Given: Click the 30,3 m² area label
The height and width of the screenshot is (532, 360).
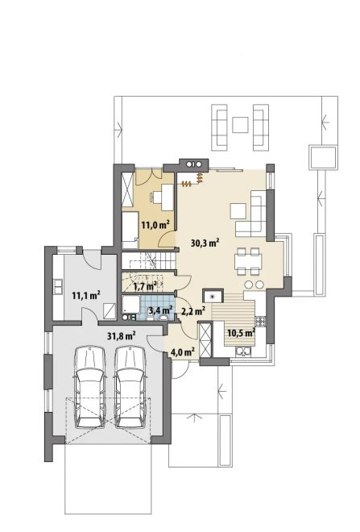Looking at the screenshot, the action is click(x=205, y=243).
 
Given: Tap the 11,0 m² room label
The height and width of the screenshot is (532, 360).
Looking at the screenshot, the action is click(x=155, y=224).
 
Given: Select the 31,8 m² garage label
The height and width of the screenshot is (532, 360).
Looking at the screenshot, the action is click(x=122, y=336).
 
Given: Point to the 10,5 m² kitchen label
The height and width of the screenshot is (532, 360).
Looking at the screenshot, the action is click(x=241, y=332).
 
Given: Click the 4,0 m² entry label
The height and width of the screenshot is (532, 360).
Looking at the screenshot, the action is click(x=182, y=351).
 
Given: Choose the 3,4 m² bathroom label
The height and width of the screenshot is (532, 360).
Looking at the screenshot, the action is click(x=161, y=310).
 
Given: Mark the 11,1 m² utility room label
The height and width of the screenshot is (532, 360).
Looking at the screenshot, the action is click(x=85, y=295).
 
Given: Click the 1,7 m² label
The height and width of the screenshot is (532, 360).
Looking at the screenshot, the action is click(x=145, y=287).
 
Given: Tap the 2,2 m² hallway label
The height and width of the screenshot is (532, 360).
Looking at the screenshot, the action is click(x=193, y=310).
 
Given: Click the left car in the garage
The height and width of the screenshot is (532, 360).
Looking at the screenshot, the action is click(x=89, y=386).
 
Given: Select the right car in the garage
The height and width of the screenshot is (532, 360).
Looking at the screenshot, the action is click(x=130, y=386).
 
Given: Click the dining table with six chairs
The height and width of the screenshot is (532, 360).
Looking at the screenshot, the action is click(x=249, y=261).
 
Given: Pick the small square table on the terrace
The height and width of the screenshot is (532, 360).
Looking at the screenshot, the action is click(x=240, y=125).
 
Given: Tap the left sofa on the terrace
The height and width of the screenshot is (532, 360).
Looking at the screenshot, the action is click(x=219, y=127).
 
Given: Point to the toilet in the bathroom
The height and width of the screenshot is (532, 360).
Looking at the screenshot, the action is click(x=164, y=318).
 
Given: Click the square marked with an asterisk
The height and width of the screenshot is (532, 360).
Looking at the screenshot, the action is click(x=213, y=296).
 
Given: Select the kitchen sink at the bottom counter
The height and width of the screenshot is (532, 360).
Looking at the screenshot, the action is click(x=243, y=351).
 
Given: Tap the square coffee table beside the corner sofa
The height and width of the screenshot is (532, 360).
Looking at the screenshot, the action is click(x=238, y=210).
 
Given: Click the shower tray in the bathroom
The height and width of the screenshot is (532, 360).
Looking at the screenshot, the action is click(x=130, y=304).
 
